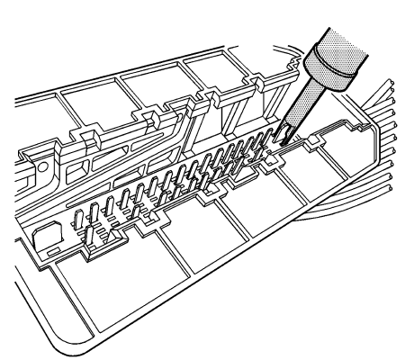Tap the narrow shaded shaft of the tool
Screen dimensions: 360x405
(x=298, y=112)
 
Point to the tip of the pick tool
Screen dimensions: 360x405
(x=280, y=141)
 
